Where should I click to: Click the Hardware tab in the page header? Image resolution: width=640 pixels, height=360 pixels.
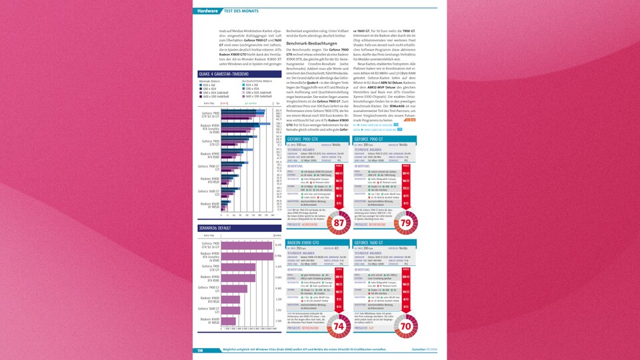click(207, 11)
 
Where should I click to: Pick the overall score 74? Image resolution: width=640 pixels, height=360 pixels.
click(339, 326)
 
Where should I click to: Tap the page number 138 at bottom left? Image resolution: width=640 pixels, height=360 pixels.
click(199, 350)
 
